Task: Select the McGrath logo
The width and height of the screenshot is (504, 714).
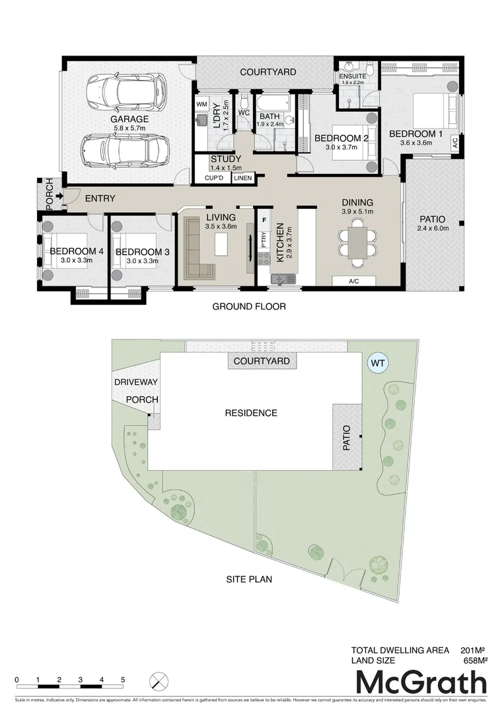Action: [421, 682]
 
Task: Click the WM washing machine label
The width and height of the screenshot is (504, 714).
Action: [201, 105]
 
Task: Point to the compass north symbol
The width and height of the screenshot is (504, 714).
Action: [159, 681]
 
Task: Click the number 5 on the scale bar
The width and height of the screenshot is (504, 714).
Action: [123, 680]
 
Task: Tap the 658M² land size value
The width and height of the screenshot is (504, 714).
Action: [474, 660]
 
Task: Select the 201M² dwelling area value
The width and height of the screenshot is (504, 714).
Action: [474, 650]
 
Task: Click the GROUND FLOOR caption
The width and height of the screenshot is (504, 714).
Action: [248, 307]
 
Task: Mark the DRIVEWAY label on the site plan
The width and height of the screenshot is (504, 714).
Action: [135, 383]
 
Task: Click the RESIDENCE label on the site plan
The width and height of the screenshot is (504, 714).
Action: [251, 413]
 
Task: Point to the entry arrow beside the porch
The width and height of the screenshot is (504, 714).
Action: [59, 196]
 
